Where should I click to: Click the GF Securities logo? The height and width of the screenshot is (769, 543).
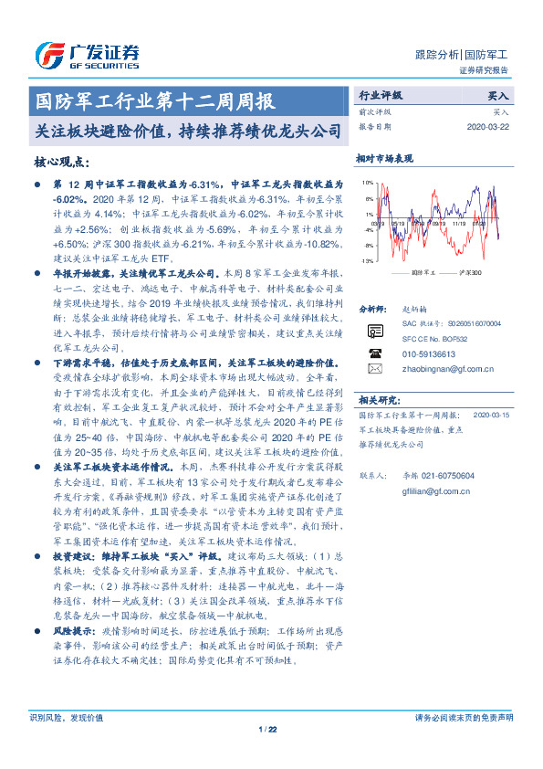[86, 55]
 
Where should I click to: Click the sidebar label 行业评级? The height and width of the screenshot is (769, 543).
[380, 95]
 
